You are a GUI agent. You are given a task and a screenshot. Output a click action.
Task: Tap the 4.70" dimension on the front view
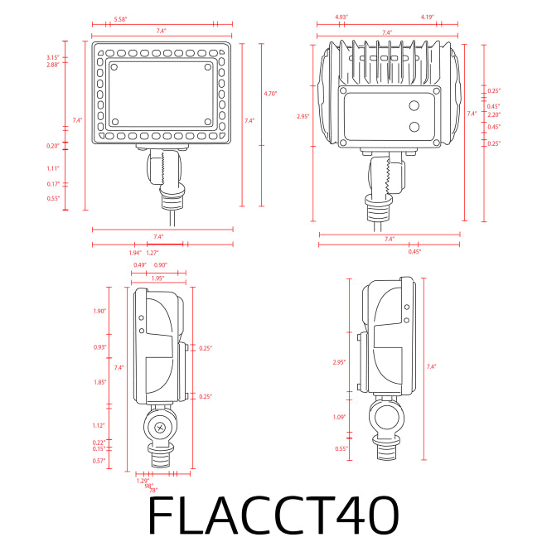tap(269, 94)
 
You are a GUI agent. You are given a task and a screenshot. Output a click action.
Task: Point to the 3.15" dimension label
tap(52, 56)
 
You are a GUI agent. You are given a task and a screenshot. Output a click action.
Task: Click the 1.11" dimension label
tap(54, 167)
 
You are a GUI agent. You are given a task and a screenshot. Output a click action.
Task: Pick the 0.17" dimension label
tap(53, 184)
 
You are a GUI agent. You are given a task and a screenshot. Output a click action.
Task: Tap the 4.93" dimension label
tap(341, 17)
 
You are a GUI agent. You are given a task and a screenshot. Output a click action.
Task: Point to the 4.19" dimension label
tap(428, 17)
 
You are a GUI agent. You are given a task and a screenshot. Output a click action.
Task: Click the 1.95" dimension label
tap(157, 278)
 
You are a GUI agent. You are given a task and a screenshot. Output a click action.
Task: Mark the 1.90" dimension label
tap(100, 312)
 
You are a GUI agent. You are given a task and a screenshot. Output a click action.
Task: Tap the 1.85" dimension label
tap(100, 382)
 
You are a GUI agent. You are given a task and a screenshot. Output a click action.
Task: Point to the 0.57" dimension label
tap(99, 460)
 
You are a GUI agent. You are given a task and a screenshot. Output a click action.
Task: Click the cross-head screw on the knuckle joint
tap(161, 428)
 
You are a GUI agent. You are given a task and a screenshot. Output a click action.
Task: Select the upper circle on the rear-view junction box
tap(414, 106)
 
